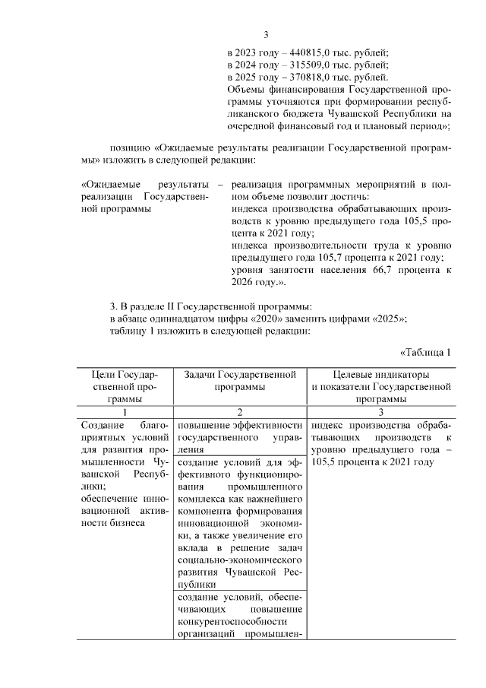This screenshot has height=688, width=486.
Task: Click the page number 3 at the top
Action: point(266,34)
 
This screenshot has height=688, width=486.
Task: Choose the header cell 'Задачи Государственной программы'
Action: point(239,381)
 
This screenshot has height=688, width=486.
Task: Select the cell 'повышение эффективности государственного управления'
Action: point(239,436)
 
